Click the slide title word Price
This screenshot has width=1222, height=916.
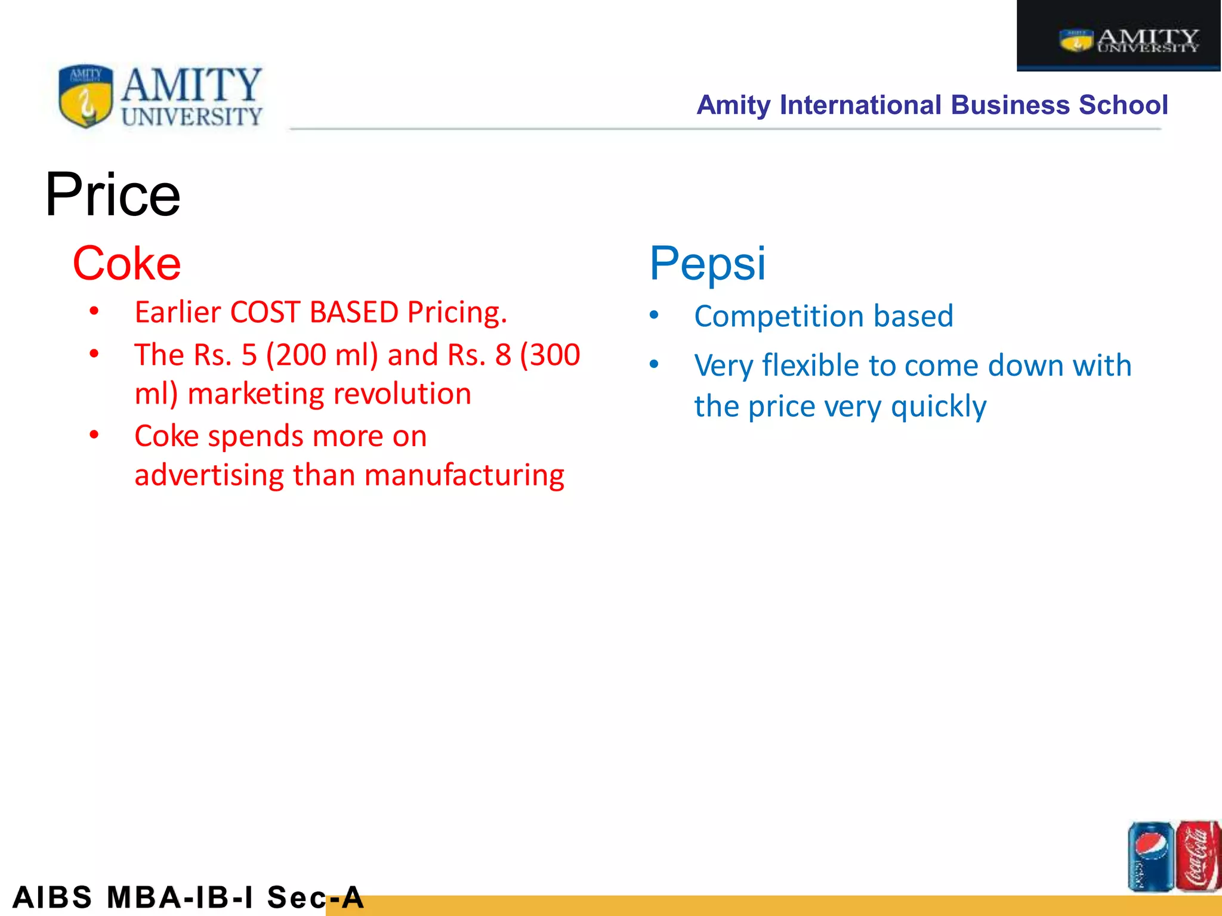pyautogui.click(x=112, y=195)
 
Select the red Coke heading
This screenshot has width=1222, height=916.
pyautogui.click(x=126, y=264)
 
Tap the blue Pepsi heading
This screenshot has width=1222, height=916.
pyautogui.click(x=707, y=264)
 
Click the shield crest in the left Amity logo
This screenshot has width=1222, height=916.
pyautogui.click(x=86, y=96)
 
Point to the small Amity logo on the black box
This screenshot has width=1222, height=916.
pyautogui.click(x=1128, y=41)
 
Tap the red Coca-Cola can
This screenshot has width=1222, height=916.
pyautogui.click(x=1198, y=856)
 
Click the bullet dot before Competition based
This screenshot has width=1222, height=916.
pyautogui.click(x=655, y=315)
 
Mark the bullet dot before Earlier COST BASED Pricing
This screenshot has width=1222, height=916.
pyautogui.click(x=94, y=311)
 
